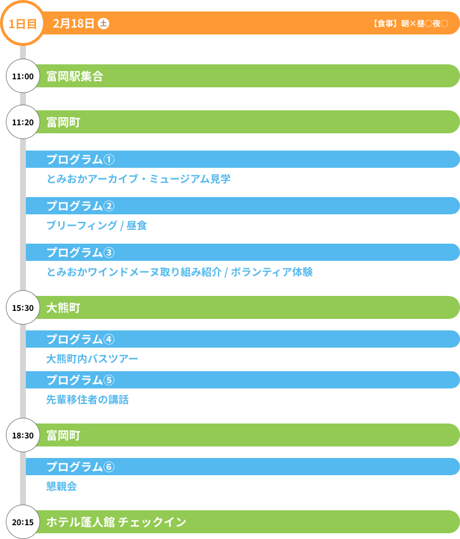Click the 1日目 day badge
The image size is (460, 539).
click(x=23, y=24)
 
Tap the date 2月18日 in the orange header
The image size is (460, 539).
click(x=74, y=24)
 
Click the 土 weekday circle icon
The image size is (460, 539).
click(x=103, y=24)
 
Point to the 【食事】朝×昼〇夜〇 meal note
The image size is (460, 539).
click(x=409, y=24)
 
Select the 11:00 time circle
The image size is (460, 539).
click(x=23, y=76)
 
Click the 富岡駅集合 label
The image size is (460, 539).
click(x=75, y=76)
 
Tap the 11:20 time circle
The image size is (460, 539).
click(x=23, y=122)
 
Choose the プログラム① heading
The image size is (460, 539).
click(x=80, y=159)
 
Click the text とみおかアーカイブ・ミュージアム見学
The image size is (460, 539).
click(x=139, y=179)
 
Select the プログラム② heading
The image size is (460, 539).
click(x=80, y=206)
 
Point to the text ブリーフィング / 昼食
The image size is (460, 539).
click(x=97, y=225)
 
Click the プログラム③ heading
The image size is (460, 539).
click(x=80, y=252)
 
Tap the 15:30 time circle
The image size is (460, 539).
click(x=23, y=307)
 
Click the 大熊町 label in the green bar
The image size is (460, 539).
click(x=63, y=307)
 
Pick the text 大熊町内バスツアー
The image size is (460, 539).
click(x=92, y=359)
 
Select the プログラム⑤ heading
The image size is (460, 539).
click(x=80, y=380)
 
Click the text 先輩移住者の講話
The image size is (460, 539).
click(x=87, y=399)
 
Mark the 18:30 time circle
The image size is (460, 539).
click(x=23, y=435)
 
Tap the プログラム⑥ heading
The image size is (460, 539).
click(x=80, y=467)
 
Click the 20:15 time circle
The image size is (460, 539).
click(x=23, y=522)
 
